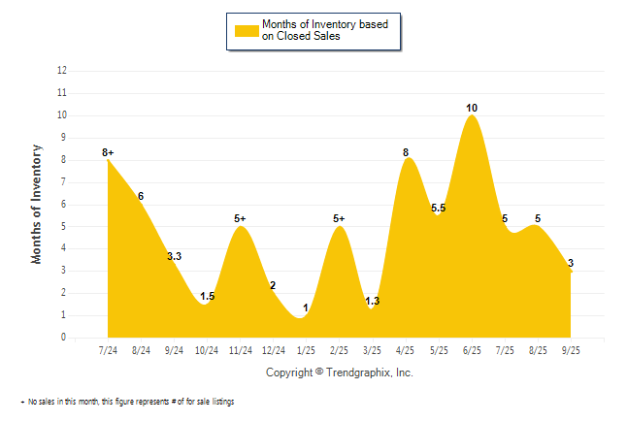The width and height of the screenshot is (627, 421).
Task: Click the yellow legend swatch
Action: (x=246, y=31)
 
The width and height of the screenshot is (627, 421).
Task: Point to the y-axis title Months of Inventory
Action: (x=37, y=204)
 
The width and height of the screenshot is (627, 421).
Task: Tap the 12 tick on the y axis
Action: (x=62, y=71)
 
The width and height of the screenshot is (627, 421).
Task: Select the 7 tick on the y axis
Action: (x=64, y=181)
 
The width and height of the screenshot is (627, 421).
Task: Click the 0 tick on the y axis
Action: (x=64, y=338)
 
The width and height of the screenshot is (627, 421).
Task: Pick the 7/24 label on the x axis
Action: (x=109, y=349)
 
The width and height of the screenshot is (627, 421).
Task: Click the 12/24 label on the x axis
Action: (x=274, y=349)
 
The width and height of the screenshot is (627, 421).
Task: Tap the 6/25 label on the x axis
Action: (x=472, y=349)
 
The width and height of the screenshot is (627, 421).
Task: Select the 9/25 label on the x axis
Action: (x=571, y=349)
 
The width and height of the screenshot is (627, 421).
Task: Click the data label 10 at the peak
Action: (x=472, y=108)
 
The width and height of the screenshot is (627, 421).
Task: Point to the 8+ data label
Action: (x=108, y=152)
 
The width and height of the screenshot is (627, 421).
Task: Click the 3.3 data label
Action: (x=175, y=256)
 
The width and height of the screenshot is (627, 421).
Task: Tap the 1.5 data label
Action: (x=208, y=296)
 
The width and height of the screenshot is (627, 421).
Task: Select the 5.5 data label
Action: (x=439, y=208)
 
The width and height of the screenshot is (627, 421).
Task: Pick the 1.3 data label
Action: (x=373, y=301)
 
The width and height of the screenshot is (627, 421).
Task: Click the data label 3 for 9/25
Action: (x=571, y=263)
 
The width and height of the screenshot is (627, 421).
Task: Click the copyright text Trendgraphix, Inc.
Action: (x=339, y=372)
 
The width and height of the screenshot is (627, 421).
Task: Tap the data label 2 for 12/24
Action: (x=273, y=285)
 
